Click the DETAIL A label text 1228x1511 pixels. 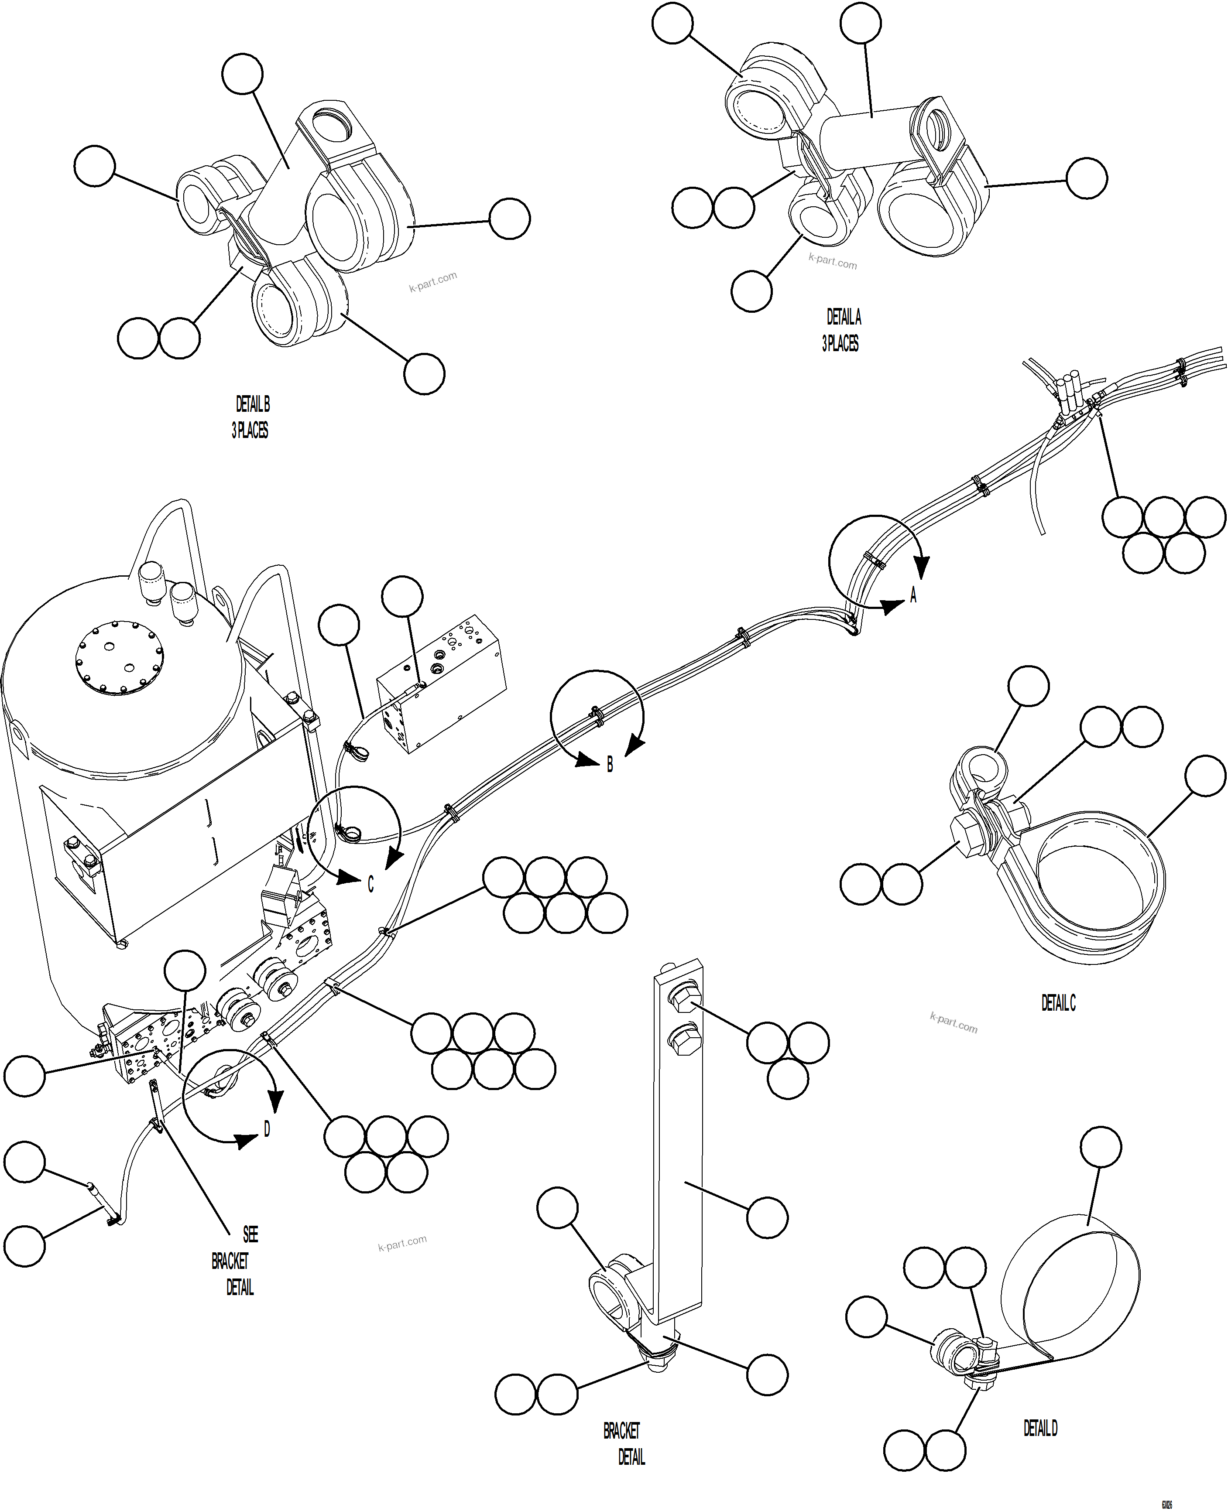click(x=844, y=317)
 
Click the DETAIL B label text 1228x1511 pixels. click(x=253, y=404)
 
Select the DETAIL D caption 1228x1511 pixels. click(x=1040, y=1428)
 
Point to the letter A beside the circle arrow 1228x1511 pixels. click(x=913, y=595)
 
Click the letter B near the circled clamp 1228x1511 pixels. click(x=610, y=764)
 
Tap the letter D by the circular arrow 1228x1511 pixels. click(x=267, y=1129)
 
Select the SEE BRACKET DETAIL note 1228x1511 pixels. click(x=233, y=1261)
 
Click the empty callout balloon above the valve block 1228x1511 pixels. click(x=402, y=596)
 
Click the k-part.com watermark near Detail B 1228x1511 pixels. click(x=433, y=281)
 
